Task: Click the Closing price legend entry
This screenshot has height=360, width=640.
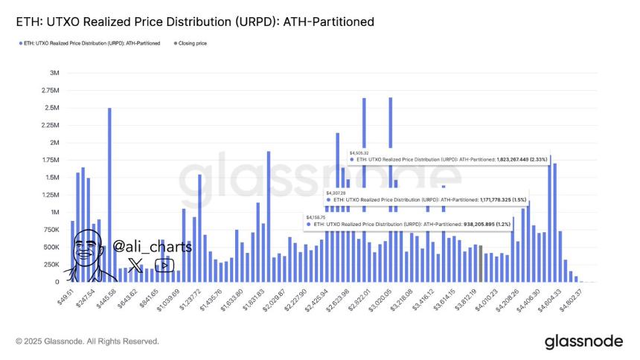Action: tap(192, 44)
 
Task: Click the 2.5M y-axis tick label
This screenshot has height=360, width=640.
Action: tap(51, 108)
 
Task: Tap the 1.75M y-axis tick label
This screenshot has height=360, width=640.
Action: tap(50, 160)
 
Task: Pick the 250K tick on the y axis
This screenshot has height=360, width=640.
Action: tap(50, 265)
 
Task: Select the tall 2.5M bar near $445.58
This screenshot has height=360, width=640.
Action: tap(109, 195)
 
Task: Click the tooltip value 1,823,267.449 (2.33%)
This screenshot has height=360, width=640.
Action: tap(507, 159)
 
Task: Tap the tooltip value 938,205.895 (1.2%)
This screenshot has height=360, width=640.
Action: tap(466, 223)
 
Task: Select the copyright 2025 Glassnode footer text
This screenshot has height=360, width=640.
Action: tap(86, 341)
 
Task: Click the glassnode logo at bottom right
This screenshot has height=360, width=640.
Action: tap(583, 341)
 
